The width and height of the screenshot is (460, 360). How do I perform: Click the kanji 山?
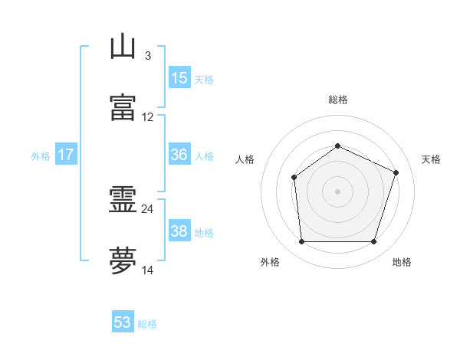coord(123,46)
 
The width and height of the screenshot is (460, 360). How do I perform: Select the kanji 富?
coord(123,107)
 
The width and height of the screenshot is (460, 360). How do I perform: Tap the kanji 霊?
coord(123,199)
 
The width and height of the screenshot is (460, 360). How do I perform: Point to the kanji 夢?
coord(123,260)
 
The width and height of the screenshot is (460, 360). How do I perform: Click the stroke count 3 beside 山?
coord(148,56)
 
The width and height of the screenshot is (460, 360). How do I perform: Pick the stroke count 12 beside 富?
coord(147,117)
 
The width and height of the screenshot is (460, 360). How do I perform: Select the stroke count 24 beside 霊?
coord(147,209)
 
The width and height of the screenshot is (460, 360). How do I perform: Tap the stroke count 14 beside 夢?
coord(147,270)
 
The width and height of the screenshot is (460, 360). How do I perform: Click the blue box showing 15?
coord(179,77)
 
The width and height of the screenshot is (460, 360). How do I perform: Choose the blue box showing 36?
coord(179,154)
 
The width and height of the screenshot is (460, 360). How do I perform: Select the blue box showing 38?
coord(179,230)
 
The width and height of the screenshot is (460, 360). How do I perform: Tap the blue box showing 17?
coord(66,154)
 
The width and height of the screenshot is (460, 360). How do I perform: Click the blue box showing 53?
coord(123,321)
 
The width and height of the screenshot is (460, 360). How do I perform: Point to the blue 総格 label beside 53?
coord(147,324)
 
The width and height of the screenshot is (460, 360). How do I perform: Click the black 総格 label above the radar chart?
coord(338,100)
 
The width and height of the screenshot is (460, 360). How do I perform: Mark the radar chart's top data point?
coord(337,146)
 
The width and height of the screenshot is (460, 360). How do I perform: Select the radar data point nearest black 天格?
coord(396,172)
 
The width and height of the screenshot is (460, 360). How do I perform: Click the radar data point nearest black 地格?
coord(373,241)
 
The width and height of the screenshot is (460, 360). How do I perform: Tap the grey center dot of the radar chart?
coord(337,191)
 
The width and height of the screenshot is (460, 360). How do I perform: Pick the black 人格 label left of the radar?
coord(245,159)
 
